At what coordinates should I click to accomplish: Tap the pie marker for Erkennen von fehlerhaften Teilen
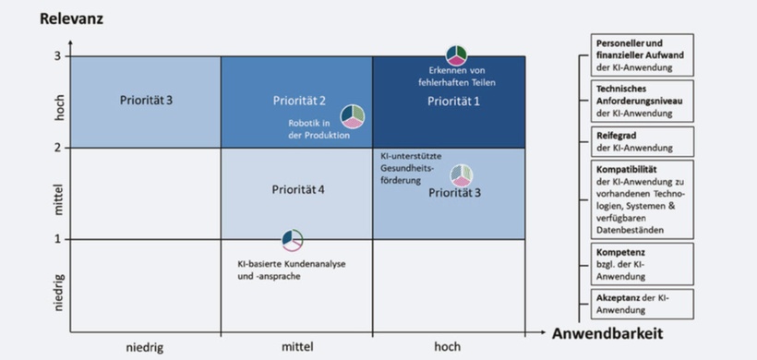coord(457,55)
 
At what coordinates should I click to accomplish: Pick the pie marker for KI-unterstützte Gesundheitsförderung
coord(462,175)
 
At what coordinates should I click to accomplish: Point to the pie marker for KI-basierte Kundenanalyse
coord(293,240)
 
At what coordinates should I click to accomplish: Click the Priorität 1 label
coord(453,100)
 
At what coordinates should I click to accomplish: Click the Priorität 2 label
coord(299,100)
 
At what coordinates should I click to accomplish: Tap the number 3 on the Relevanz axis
coord(55,56)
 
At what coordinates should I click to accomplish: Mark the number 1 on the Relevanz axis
coord(55,239)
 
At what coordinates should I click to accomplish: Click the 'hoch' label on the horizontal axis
coord(450,347)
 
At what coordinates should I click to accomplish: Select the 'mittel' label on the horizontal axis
coord(297,347)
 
